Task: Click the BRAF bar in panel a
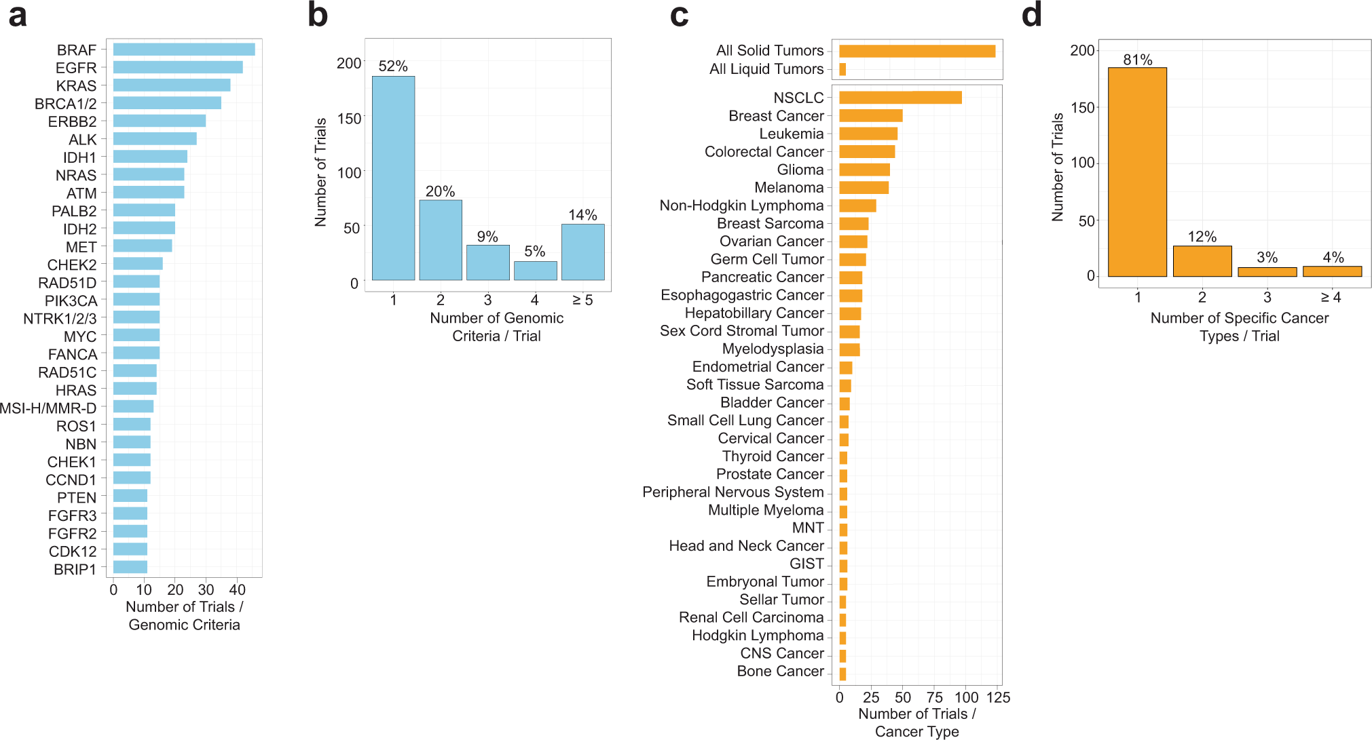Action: (x=183, y=50)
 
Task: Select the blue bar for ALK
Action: (x=155, y=139)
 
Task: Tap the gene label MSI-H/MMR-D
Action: (x=48, y=408)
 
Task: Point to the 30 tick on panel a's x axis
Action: (x=206, y=590)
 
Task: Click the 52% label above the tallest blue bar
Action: (x=393, y=66)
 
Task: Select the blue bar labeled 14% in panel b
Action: (x=582, y=252)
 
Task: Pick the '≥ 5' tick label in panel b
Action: (x=582, y=300)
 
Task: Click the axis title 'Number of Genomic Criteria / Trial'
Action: (x=496, y=327)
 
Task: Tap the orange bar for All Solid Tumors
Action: (x=916, y=51)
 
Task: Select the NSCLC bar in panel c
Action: (x=900, y=98)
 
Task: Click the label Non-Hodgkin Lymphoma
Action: (x=741, y=206)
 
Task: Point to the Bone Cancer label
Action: (x=780, y=671)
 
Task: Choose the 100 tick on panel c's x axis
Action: (x=966, y=698)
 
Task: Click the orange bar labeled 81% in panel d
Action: (x=1137, y=172)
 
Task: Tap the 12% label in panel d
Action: (x=1202, y=237)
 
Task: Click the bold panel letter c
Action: (x=680, y=15)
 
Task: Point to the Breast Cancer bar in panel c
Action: (x=870, y=116)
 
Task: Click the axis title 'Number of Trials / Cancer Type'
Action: (x=916, y=722)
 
